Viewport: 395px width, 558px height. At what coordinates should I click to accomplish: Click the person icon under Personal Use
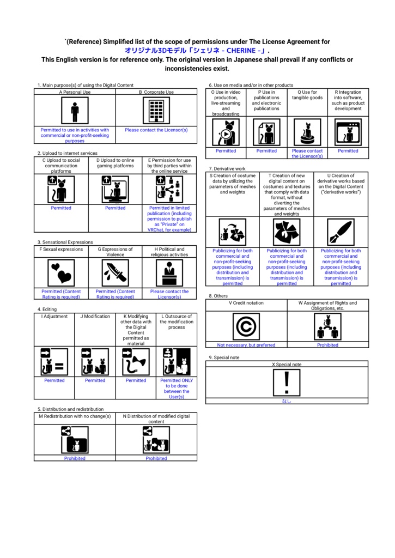(75, 111)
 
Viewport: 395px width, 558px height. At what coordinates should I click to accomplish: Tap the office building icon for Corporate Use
(156, 111)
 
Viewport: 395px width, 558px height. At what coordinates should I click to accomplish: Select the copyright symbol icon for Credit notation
(246, 326)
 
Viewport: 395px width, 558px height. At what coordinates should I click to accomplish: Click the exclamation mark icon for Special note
(287, 383)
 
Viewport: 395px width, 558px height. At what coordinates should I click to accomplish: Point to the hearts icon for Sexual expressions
(61, 272)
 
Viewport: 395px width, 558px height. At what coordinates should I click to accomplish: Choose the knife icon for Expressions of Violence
(116, 272)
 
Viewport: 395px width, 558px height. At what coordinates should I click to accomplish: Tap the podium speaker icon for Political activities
(169, 272)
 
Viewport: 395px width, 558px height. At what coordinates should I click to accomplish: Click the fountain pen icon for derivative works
(341, 232)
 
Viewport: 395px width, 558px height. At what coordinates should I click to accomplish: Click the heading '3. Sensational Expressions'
(65, 242)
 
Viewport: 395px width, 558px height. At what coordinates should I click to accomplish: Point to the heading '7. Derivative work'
(227, 169)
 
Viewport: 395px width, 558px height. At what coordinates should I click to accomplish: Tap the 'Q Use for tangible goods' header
(307, 95)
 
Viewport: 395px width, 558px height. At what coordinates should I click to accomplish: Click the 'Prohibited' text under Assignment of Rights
(328, 345)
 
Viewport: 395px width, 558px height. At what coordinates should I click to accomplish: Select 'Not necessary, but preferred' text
(246, 345)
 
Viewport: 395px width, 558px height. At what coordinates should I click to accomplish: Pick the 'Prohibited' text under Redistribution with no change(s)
(75, 458)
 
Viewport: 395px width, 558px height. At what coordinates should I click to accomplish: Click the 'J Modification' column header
(95, 316)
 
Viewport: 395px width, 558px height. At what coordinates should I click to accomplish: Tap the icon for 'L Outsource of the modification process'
(177, 362)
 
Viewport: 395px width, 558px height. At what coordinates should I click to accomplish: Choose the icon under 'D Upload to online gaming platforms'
(116, 189)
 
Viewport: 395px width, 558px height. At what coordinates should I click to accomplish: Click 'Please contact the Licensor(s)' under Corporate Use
(156, 130)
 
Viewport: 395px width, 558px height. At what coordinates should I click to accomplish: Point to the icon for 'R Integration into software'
(348, 132)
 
